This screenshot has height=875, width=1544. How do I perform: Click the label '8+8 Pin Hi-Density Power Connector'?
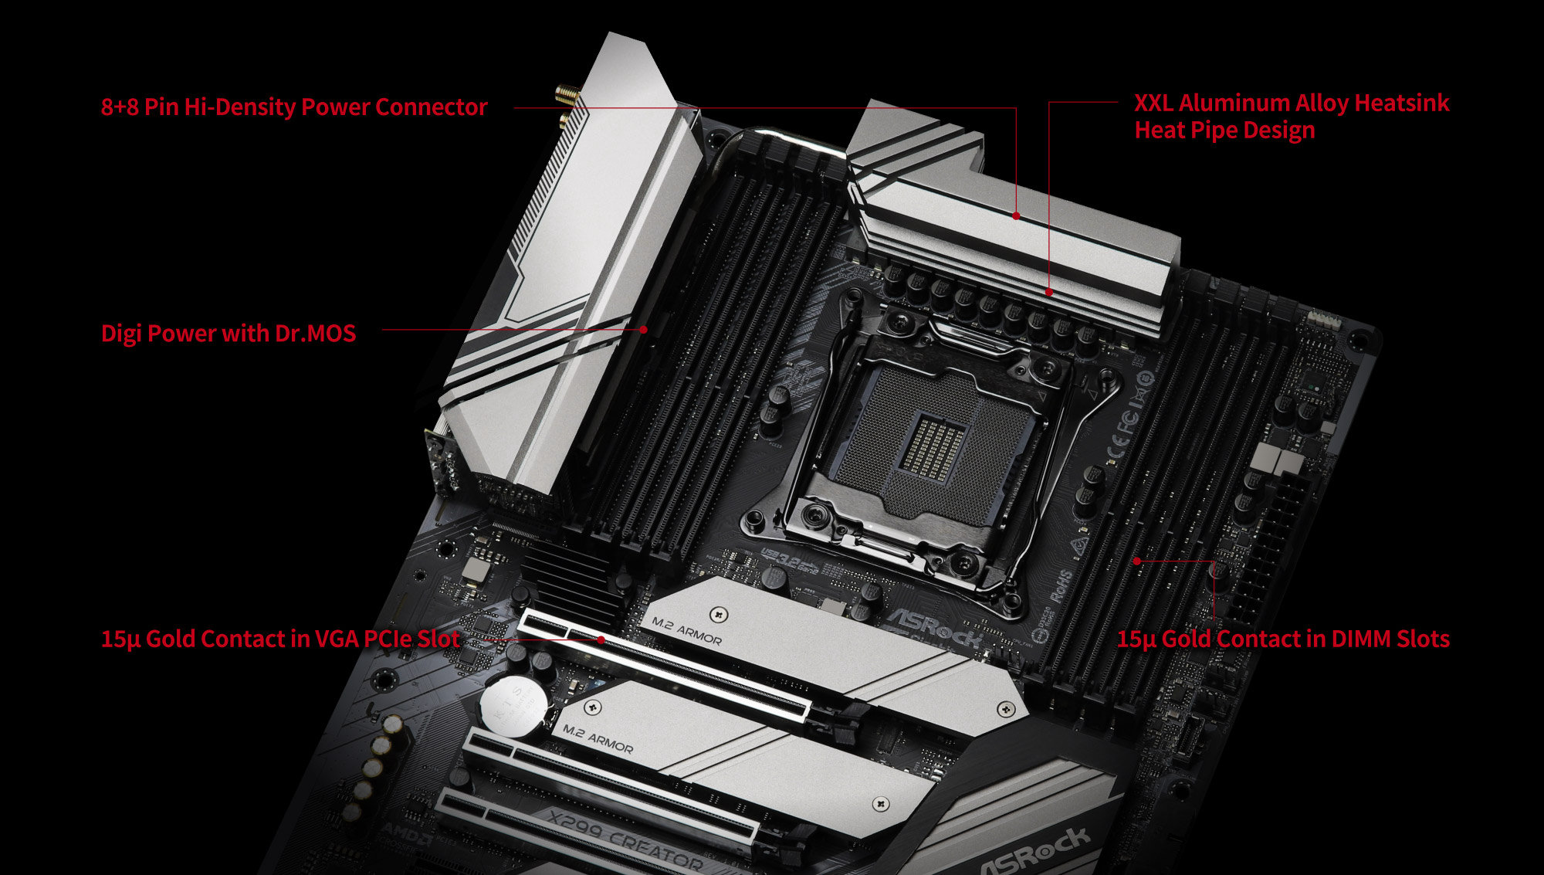click(x=293, y=107)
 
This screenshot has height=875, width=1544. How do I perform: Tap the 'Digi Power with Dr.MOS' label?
click(x=229, y=334)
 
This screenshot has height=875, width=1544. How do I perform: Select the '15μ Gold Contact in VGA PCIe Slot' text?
click(x=280, y=639)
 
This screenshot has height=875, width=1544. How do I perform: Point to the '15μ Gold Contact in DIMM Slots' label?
click(x=1283, y=639)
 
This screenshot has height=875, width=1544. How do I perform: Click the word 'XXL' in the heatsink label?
click(x=1153, y=103)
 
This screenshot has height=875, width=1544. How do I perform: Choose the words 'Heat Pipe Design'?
click(x=1224, y=131)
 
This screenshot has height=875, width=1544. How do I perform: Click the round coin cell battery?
click(x=513, y=704)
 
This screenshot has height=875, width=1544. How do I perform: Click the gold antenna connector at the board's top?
click(x=566, y=96)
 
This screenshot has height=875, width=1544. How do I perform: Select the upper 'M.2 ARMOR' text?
click(x=686, y=630)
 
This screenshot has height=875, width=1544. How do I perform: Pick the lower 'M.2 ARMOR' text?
click(x=598, y=738)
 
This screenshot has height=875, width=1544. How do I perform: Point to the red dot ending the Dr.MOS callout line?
click(x=644, y=329)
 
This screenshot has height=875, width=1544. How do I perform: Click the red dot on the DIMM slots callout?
click(x=1137, y=561)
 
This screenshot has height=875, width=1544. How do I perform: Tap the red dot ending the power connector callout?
click(x=1017, y=216)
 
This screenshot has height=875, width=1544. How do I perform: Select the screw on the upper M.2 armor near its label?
click(x=720, y=615)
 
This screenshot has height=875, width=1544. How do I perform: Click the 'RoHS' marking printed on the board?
click(x=1062, y=587)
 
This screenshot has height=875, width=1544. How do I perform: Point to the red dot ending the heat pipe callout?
click(x=1049, y=292)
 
